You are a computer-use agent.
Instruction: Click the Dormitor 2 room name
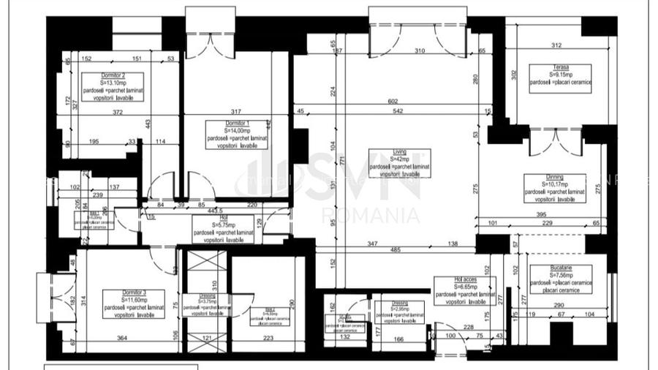113,76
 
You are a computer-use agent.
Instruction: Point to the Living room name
399,152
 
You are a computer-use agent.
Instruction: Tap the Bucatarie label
561,268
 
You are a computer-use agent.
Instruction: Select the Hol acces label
464,280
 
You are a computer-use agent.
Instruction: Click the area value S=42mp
399,159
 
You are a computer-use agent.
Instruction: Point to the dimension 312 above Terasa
556,45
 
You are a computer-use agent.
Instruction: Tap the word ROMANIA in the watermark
371,216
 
